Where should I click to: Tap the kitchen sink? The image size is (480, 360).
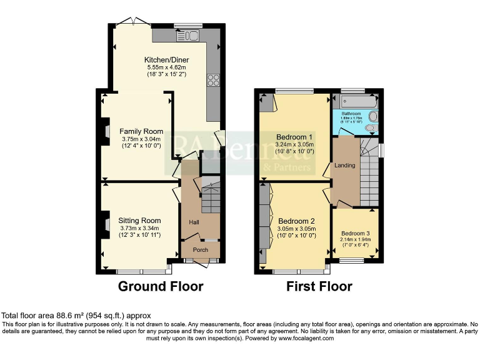pos(187,35)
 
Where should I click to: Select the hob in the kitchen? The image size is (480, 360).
pos(213,79)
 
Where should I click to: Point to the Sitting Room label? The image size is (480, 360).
pos(139,221)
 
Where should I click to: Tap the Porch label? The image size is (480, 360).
pos(200,250)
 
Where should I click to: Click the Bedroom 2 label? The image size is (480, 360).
pos(296,221)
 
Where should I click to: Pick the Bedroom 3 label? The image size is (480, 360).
pos(355,232)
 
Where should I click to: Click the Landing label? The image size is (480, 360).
pos(345,166)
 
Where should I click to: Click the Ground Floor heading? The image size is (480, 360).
pos(161,287)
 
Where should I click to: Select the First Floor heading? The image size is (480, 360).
pos(319,287)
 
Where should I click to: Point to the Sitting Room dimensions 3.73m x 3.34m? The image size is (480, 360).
pos(140,228)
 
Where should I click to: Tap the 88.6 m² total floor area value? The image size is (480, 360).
pos(64,316)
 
